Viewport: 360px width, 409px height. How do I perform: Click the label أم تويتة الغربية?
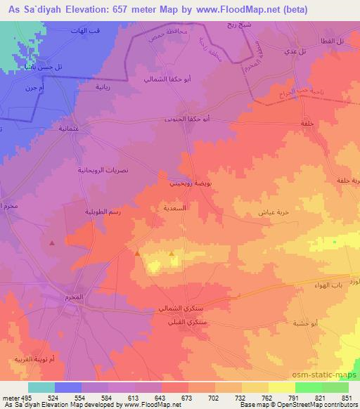[x=33, y=359]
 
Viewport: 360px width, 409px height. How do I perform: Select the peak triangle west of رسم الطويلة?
[x=52, y=243]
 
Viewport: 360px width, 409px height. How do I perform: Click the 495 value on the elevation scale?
[x=25, y=397]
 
